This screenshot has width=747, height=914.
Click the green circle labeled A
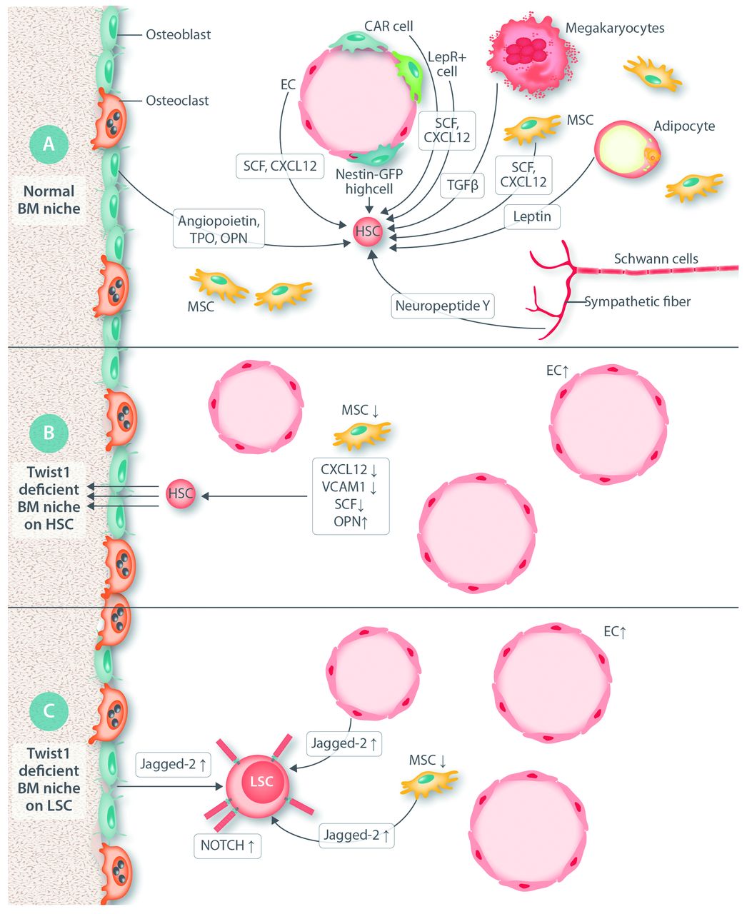[49, 144]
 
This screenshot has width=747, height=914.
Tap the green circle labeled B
[49, 432]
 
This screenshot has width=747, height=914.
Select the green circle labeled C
[49, 711]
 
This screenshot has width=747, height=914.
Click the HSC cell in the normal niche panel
[367, 231]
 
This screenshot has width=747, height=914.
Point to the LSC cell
[261, 781]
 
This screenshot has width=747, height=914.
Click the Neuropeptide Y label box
[443, 306]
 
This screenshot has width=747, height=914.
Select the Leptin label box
[532, 216]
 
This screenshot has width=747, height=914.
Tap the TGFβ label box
[463, 185]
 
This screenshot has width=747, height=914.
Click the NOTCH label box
[227, 845]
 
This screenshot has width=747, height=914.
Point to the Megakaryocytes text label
[615, 29]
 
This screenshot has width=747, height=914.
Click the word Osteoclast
[177, 101]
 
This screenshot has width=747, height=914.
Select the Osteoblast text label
[179, 34]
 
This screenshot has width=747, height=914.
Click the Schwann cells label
[656, 258]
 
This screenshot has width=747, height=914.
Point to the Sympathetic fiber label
[638, 302]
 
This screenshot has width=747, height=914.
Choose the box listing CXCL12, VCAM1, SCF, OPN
[351, 496]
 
